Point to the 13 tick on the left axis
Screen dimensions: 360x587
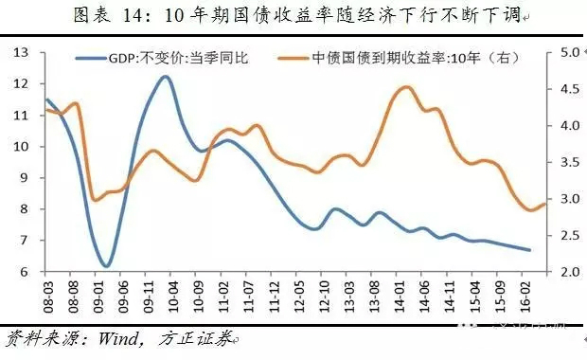click(25, 52)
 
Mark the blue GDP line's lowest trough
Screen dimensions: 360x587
click(106, 266)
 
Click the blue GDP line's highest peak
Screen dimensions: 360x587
click(165, 77)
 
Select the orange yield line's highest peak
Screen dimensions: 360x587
click(405, 87)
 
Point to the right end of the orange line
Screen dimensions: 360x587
click(545, 204)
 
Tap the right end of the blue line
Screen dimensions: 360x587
click(529, 250)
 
